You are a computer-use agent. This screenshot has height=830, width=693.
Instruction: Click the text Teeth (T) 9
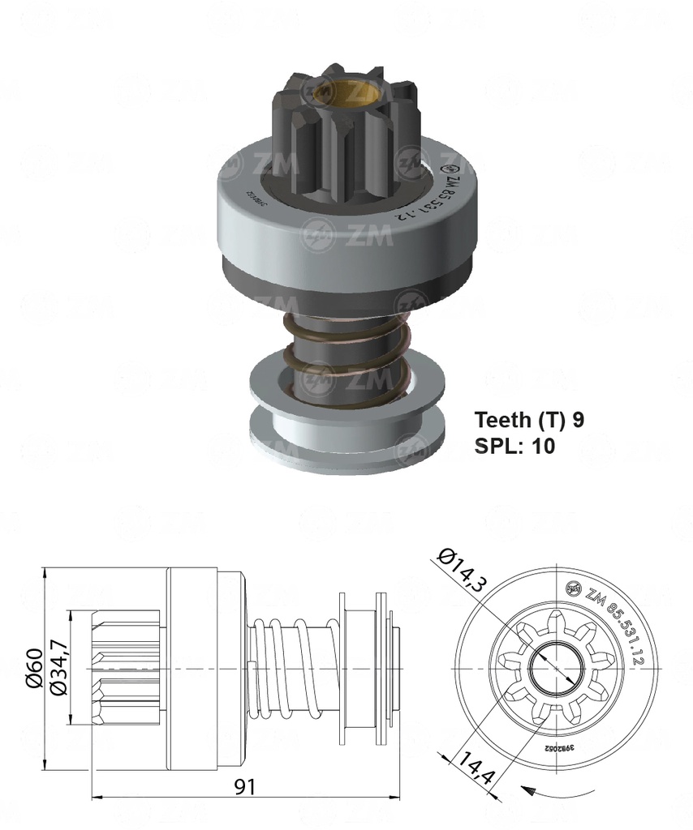coord(529,419)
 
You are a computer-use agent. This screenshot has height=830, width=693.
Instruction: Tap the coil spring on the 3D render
coord(345,357)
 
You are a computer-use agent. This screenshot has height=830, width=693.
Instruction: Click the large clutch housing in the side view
coord(203,668)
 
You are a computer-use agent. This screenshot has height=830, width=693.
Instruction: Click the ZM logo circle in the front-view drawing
coord(574,588)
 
